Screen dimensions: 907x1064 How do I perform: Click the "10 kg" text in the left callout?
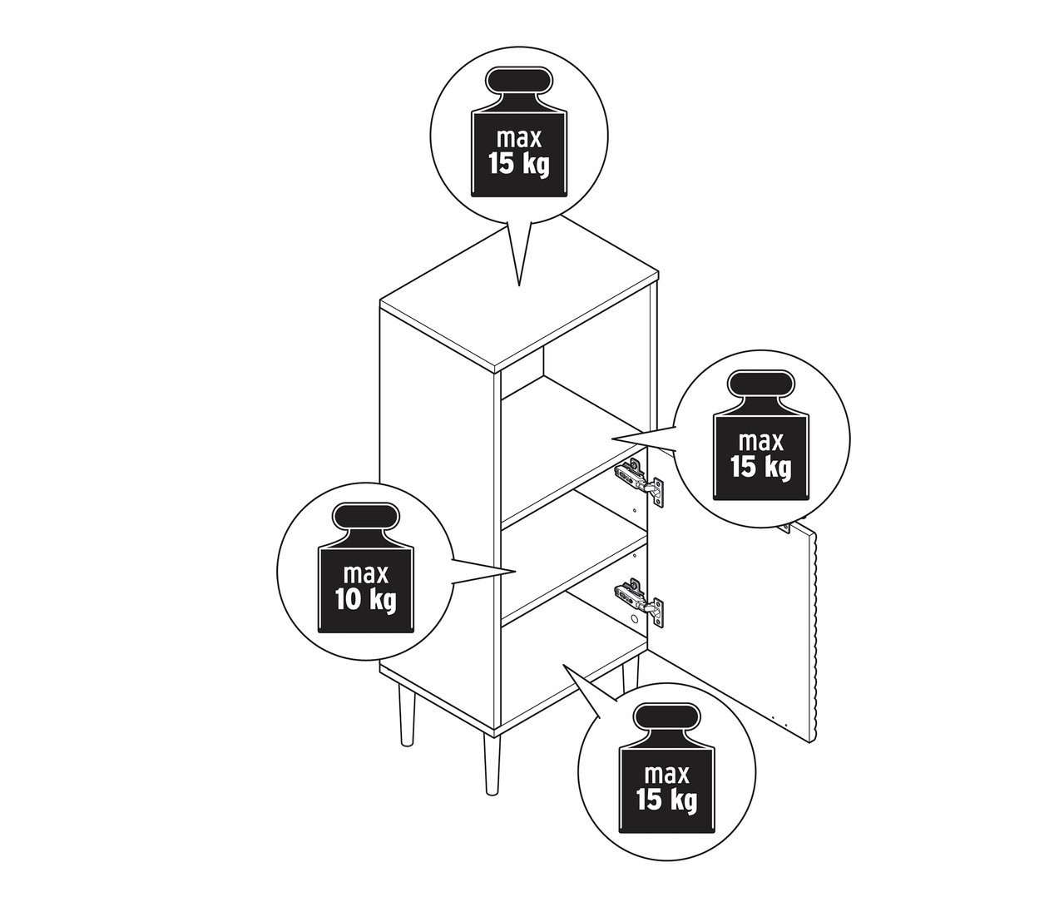click(366, 599)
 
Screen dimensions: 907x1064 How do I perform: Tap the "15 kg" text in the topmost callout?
click(519, 164)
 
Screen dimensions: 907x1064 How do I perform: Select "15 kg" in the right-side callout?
click(760, 467)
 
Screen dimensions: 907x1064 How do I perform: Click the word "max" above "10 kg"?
click(366, 573)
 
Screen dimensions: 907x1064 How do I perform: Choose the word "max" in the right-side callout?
click(760, 440)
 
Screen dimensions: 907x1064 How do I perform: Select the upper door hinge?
click(638, 480)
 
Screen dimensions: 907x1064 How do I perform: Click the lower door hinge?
click(638, 600)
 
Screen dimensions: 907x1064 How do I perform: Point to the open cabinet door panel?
click(732, 632)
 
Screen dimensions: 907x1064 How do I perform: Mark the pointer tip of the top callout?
click(519, 285)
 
